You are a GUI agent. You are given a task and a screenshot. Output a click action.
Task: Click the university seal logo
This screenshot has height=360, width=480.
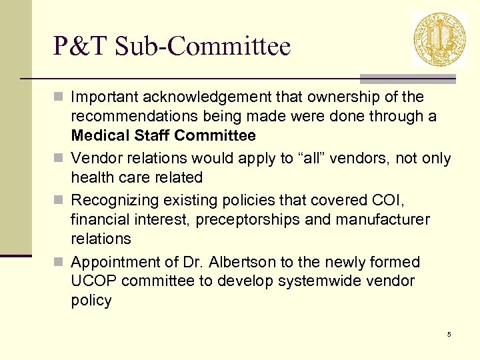439,39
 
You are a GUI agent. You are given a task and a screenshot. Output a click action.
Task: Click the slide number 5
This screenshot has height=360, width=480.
449,334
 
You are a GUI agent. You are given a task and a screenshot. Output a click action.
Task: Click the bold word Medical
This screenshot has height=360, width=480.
100,136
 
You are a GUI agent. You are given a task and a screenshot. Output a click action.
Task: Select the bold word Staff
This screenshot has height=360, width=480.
151,136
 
